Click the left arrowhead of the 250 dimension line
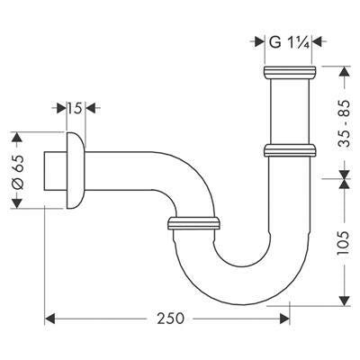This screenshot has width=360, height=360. (50, 318)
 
